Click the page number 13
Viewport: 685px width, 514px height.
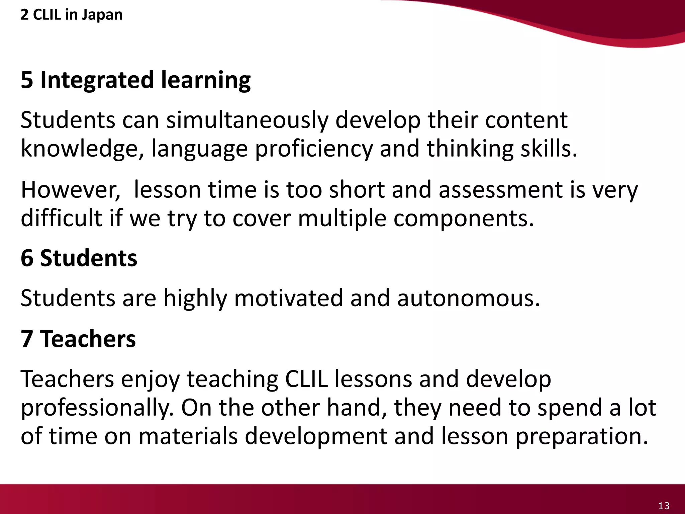664,505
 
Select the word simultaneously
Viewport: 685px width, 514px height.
247,120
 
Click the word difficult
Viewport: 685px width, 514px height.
61,218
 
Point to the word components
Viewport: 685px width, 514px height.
463,219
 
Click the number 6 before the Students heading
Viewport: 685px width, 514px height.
27,258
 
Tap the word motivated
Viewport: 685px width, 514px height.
288,298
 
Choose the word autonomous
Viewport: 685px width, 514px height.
468,298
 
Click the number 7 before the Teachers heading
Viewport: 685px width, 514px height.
27,339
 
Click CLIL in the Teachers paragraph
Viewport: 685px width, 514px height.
306,379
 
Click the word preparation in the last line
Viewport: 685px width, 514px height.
582,437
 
